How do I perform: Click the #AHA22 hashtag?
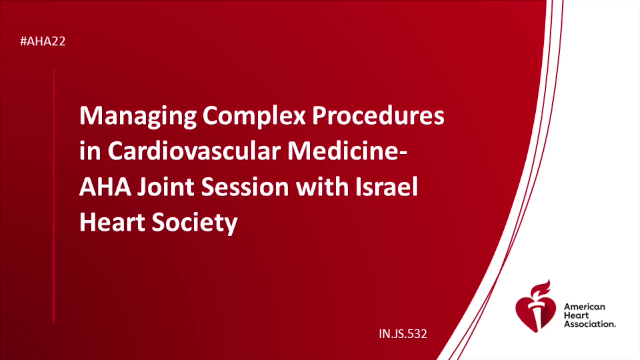tap(43, 41)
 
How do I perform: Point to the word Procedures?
tap(378, 116)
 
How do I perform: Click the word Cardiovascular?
tap(194, 151)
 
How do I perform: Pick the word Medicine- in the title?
tap(347, 151)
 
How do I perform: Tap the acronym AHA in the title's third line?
tap(105, 187)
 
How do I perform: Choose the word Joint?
tap(166, 187)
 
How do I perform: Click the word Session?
tap(245, 187)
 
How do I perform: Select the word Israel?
tap(387, 186)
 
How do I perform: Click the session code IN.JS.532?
tap(403, 334)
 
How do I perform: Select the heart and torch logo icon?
tap(536, 307)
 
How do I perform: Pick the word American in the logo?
tap(584, 307)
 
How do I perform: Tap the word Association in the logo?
tap(590, 324)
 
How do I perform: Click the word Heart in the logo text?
tap(576, 315)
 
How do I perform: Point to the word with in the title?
tap(322, 187)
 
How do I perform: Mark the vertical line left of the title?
tap(54, 195)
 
